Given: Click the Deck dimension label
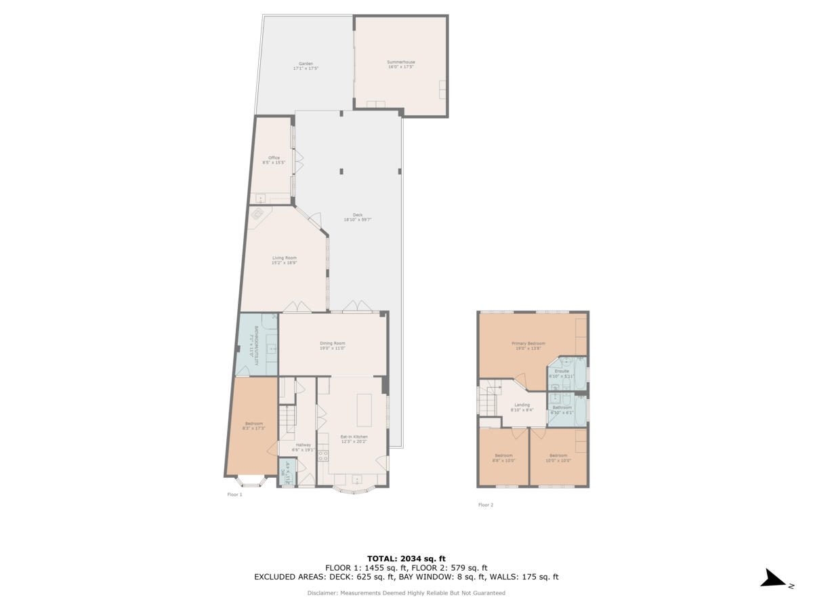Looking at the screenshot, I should (x=358, y=220).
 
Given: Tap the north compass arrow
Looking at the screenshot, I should (x=772, y=578).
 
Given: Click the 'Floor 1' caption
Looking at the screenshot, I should (x=234, y=495).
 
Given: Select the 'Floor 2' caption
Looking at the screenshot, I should (x=486, y=505).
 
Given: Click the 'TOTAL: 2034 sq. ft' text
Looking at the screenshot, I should (x=406, y=558).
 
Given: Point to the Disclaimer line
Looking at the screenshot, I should (x=406, y=593).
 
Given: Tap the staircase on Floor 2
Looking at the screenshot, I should (x=489, y=401).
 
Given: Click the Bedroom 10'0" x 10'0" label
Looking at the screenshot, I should (x=558, y=457).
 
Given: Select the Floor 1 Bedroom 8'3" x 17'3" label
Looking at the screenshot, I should (x=253, y=426).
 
